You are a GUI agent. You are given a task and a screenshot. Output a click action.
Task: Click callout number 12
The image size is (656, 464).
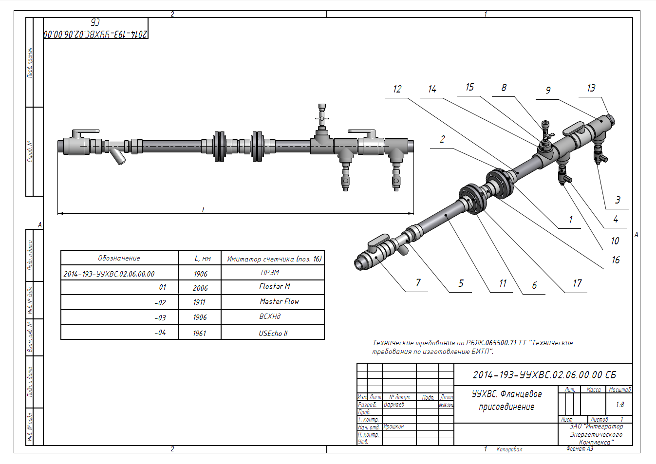click(397, 89)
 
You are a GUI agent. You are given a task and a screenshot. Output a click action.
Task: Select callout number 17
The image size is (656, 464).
click(577, 283)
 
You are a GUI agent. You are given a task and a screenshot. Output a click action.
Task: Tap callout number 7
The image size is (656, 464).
click(418, 283)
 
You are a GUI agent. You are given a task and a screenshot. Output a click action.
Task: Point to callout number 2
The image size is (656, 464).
click(442, 139)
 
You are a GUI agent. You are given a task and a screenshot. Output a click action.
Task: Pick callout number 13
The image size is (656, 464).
click(591, 88)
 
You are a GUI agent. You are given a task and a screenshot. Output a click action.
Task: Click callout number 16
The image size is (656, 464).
click(616, 260)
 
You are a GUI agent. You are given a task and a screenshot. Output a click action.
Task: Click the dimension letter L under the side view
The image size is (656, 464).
click(204, 210)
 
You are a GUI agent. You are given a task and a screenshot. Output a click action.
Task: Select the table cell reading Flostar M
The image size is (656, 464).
click(274, 287)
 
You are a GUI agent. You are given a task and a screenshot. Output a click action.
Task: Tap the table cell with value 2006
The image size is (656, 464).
click(200, 288)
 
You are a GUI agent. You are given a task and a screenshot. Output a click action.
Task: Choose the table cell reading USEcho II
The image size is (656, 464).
click(273, 334)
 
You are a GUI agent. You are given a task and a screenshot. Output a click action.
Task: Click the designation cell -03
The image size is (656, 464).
click(160, 318)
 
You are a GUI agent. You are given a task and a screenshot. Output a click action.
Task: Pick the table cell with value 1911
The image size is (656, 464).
click(199, 302)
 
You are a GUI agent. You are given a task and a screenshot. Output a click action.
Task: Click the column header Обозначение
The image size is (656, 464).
click(119, 259)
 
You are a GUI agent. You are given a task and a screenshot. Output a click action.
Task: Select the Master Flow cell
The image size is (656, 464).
click(279, 302)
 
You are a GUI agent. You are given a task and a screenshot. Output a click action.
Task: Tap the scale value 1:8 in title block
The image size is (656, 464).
click(619, 405)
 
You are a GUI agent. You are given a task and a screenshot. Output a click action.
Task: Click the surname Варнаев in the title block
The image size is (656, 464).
click(394, 405)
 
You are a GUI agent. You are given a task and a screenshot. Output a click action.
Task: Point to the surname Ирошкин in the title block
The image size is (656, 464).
click(394, 427)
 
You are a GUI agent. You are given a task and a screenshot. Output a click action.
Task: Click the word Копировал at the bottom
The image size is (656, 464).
click(509, 449)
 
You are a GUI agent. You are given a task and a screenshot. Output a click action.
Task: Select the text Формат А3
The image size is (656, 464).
click(580, 449)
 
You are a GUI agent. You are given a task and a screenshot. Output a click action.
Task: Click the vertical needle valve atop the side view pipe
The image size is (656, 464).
click(321, 119)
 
